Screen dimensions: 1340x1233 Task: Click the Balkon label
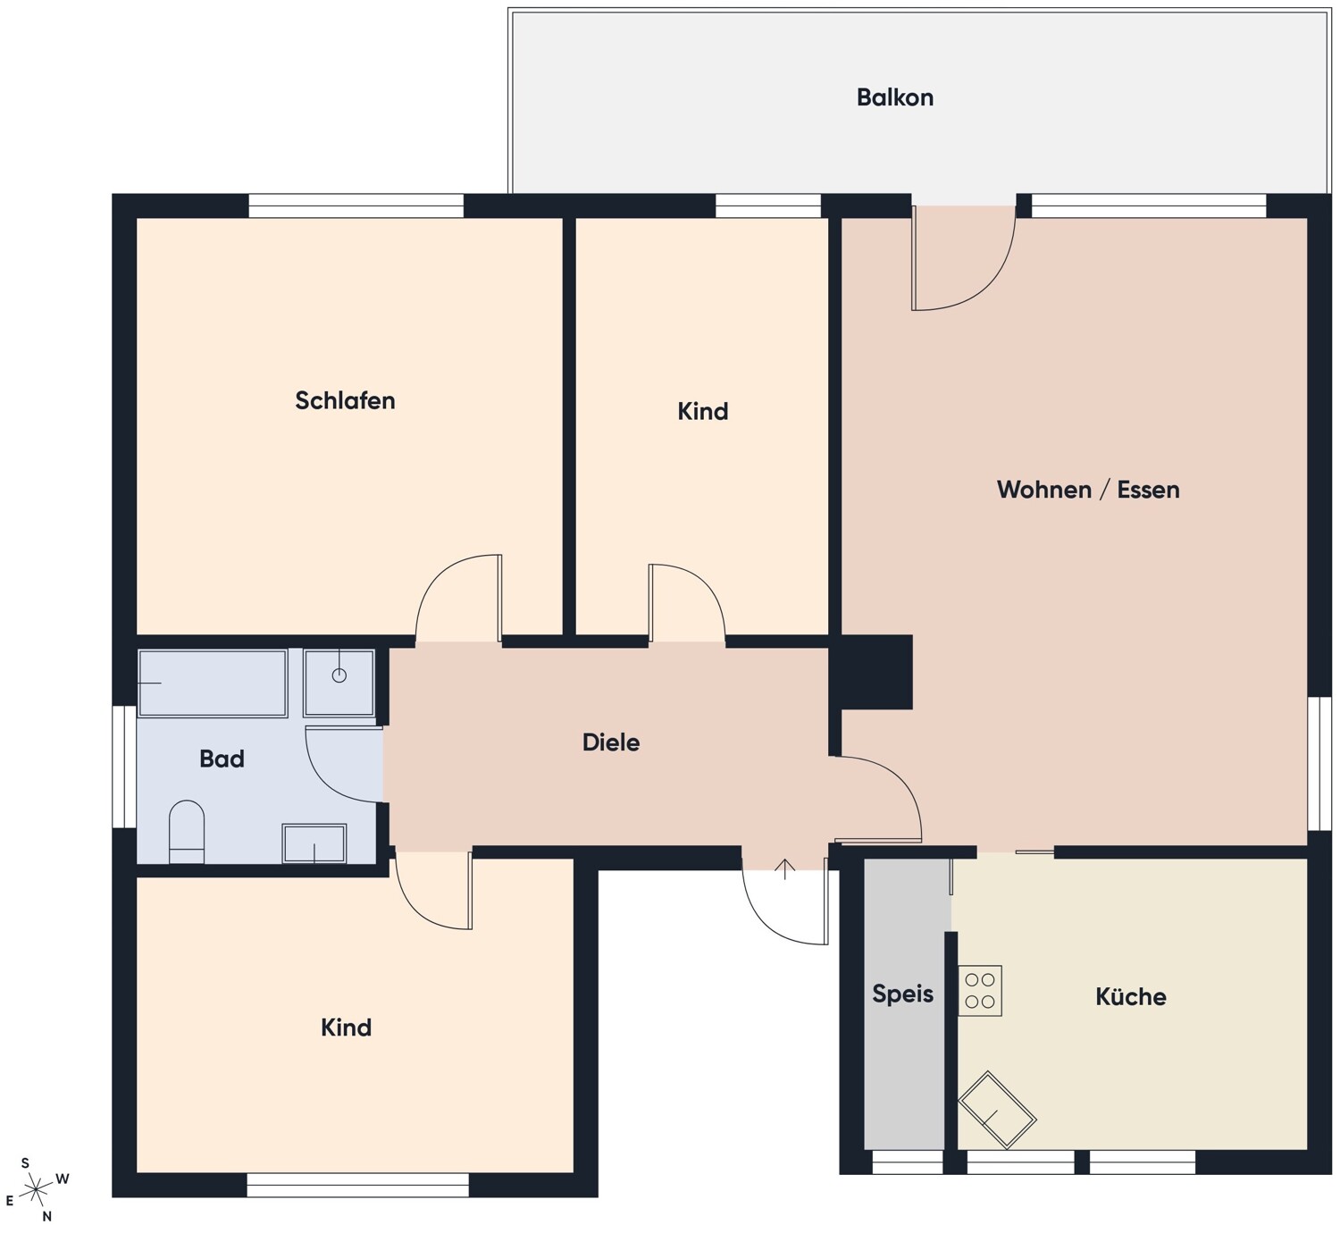pyautogui.click(x=894, y=97)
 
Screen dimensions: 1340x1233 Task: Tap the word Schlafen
pyautogui.click(x=345, y=400)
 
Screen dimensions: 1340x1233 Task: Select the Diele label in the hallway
pyautogui.click(x=610, y=742)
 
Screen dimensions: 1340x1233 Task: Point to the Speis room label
pyautogui.click(x=902, y=994)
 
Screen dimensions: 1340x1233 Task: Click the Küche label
pyautogui.click(x=1130, y=996)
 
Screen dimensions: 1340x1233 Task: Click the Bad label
pyautogui.click(x=222, y=759)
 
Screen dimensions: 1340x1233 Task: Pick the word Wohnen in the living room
pyautogui.click(x=1044, y=490)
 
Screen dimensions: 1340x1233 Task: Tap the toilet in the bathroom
pyautogui.click(x=187, y=832)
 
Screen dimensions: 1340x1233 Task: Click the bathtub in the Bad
pyautogui.click(x=213, y=683)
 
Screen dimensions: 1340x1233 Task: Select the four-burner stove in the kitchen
pyautogui.click(x=980, y=990)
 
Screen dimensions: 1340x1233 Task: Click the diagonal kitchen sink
pyautogui.click(x=997, y=1119)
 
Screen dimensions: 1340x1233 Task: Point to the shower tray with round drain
pyautogui.click(x=339, y=683)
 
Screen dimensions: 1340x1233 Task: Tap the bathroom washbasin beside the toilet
pyautogui.click(x=314, y=843)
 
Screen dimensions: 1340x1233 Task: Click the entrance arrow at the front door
pyautogui.click(x=785, y=868)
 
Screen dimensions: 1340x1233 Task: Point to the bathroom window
pyautogui.click(x=124, y=767)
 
